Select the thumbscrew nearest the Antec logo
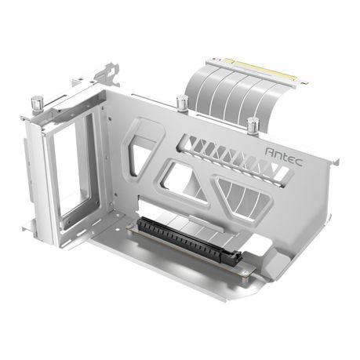tap(253, 124)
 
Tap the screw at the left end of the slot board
tap(130, 224)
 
